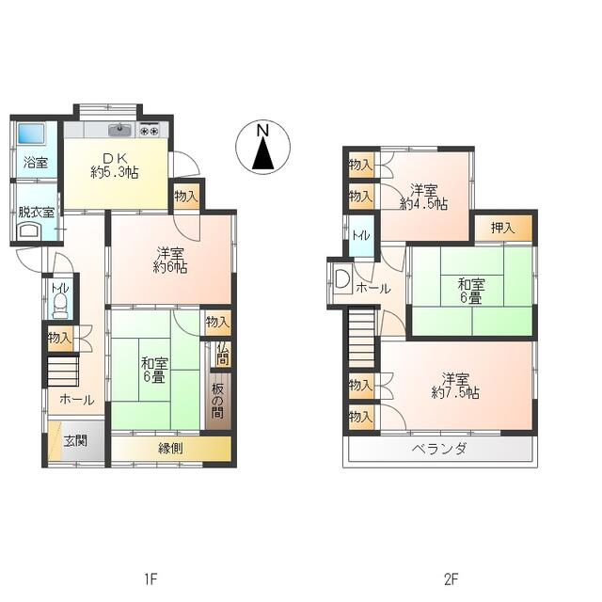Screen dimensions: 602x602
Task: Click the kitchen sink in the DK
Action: [119, 130]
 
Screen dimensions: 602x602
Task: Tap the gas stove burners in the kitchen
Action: [149, 130]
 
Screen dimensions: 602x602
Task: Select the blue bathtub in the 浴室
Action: [31, 134]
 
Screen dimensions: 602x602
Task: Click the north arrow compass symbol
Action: [263, 148]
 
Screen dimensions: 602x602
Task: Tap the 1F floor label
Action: [150, 579]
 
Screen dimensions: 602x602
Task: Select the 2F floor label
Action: [451, 579]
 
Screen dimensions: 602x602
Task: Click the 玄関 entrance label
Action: [75, 441]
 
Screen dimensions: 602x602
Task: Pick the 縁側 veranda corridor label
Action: [170, 448]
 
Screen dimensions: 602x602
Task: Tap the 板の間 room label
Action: [217, 402]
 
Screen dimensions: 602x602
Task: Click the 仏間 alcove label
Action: [222, 354]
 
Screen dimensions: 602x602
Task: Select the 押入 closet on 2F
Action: [503, 228]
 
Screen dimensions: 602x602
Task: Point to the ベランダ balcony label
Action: [439, 449]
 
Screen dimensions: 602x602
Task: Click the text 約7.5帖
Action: [455, 393]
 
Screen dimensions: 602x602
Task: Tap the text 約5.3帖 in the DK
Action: [115, 172]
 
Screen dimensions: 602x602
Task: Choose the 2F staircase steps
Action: [361, 338]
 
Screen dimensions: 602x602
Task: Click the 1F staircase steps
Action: [63, 372]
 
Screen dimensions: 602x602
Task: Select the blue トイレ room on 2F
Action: [361, 236]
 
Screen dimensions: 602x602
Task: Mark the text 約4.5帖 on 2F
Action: [424, 203]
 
